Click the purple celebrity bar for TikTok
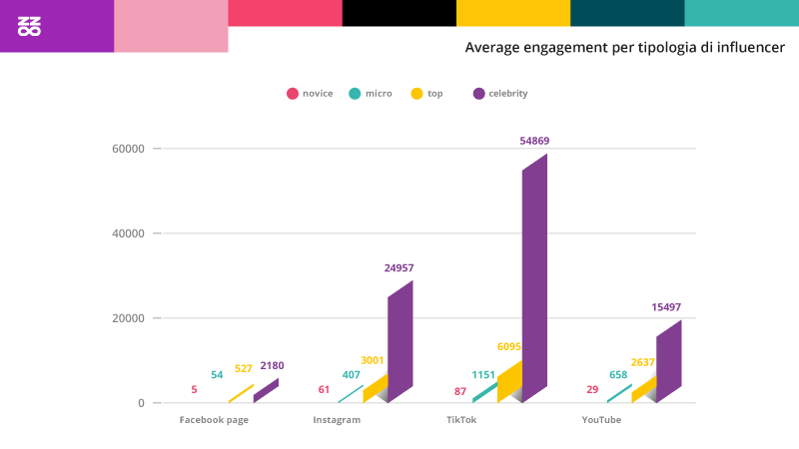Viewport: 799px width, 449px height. pyautogui.click(x=534, y=279)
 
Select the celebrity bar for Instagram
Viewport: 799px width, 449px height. pyautogui.click(x=399, y=344)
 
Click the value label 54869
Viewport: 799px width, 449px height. pyautogui.click(x=534, y=142)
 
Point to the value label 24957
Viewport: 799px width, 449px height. pyautogui.click(x=399, y=268)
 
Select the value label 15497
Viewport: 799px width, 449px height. pyautogui.click(x=666, y=307)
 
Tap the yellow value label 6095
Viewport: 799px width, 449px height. pyautogui.click(x=508, y=347)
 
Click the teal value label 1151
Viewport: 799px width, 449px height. pyautogui.click(x=484, y=375)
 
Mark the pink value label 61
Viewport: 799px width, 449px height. pyautogui.click(x=325, y=389)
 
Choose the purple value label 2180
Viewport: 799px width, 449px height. pyautogui.click(x=272, y=366)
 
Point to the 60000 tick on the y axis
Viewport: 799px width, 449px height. pyautogui.click(x=127, y=149)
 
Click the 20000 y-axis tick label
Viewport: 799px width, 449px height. pyautogui.click(x=127, y=318)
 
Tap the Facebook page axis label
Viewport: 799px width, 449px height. pyautogui.click(x=214, y=420)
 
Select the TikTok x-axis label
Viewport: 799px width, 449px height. pyautogui.click(x=461, y=420)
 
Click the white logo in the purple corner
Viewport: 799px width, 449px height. pyautogui.click(x=30, y=26)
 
